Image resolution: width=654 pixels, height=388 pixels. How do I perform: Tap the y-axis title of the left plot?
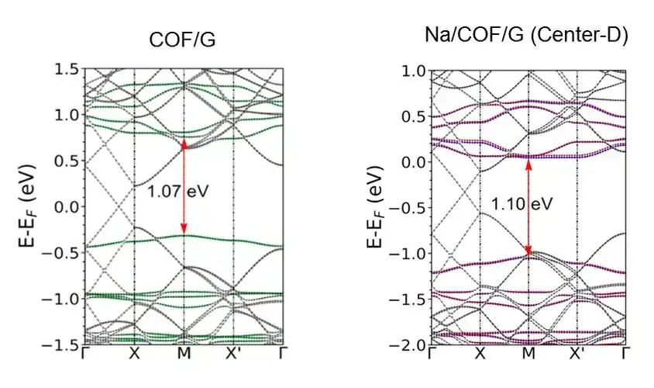tap(29, 208)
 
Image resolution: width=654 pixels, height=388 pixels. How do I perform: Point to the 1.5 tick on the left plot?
tap(68, 70)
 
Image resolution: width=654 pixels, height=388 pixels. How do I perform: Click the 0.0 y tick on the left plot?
tap(68, 207)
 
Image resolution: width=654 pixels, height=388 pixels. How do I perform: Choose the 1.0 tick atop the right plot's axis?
tap(411, 71)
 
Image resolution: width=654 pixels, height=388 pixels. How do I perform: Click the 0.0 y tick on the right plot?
tap(411, 162)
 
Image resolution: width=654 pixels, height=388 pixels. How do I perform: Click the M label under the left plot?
tap(184, 355)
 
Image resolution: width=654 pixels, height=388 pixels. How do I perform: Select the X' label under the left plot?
tap(235, 355)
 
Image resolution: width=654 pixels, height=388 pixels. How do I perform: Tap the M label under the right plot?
tap(528, 355)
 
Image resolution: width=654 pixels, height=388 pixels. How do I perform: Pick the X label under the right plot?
tap(480, 355)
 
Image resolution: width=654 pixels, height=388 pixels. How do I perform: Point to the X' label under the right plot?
tap(578, 355)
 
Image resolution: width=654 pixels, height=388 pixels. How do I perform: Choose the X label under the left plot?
tap(135, 355)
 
